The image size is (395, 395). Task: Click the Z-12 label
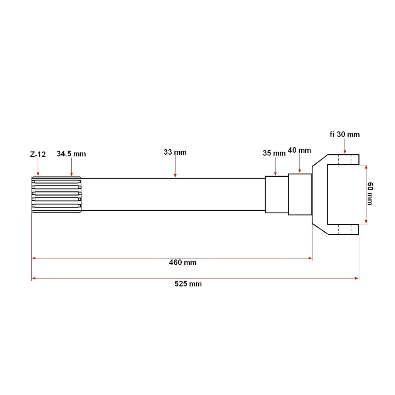tap(38, 154)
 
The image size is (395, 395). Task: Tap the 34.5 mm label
tap(71, 154)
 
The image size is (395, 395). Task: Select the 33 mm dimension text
tap(175, 152)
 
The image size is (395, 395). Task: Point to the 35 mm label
tap(274, 153)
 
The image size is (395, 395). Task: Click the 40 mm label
tap(299, 150)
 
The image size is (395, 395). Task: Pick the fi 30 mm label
tap(344, 134)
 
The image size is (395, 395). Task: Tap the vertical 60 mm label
tap(370, 194)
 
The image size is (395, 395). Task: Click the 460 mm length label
tap(182, 262)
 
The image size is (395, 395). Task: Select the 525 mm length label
tap(188, 284)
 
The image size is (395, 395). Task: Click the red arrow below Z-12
tap(38, 167)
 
